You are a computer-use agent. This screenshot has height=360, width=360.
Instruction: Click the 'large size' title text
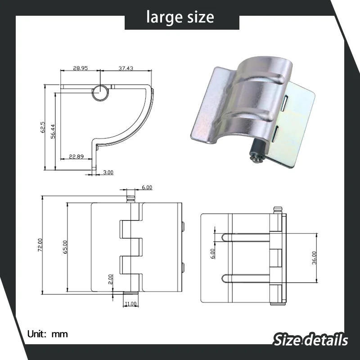click(180, 18)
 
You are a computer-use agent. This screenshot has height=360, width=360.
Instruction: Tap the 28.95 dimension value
click(80, 68)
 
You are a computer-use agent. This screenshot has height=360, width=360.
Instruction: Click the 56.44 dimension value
click(53, 131)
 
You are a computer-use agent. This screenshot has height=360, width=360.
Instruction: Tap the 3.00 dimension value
click(108, 172)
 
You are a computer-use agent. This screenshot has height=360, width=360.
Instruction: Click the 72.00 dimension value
click(40, 245)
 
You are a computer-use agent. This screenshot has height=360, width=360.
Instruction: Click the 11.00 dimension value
click(131, 304)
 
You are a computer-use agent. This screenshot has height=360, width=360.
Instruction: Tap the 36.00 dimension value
click(315, 258)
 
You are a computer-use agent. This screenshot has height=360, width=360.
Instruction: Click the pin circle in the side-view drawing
click(101, 92)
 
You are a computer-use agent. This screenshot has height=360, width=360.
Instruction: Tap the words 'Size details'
click(310, 339)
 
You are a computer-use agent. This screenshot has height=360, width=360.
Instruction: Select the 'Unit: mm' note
click(47, 334)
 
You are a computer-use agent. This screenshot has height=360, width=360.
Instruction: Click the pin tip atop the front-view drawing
click(131, 196)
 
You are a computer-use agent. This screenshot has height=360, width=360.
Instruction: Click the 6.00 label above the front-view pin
click(147, 187)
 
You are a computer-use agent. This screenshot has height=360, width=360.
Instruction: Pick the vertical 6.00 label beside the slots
click(213, 253)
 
